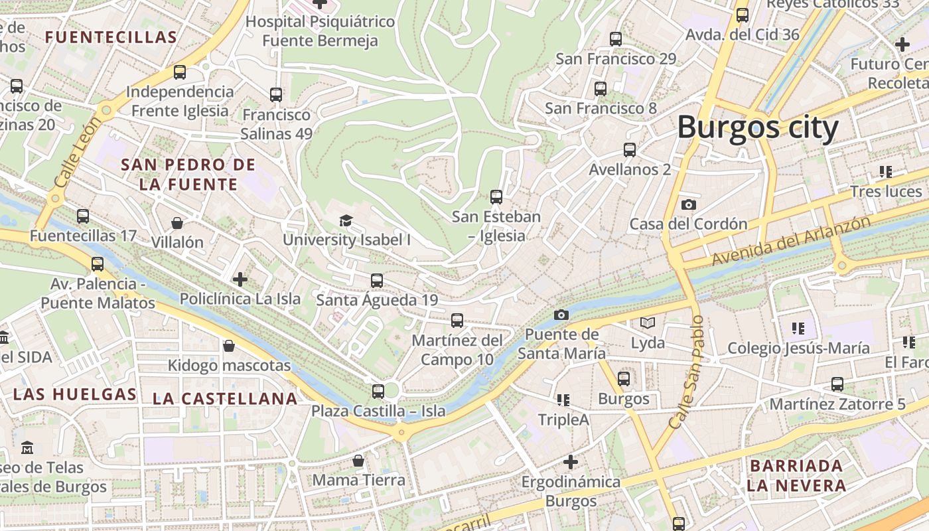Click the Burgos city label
click(x=758, y=127)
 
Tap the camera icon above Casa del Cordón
click(x=689, y=204)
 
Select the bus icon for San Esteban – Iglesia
click(x=496, y=196)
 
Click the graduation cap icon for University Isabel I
click(x=346, y=220)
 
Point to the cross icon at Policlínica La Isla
click(x=240, y=279)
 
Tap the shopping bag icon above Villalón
click(x=177, y=222)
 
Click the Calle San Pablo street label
click(x=687, y=372)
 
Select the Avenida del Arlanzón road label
click(x=790, y=240)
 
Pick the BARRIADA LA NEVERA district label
click(x=796, y=475)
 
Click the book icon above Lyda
click(x=648, y=323)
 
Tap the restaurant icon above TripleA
click(x=563, y=400)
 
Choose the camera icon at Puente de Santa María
click(x=561, y=315)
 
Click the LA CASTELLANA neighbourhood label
click(x=225, y=399)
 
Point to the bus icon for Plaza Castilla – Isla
click(x=378, y=391)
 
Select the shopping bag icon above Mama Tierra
click(x=358, y=460)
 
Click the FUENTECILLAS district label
click(x=111, y=37)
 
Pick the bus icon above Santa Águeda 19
click(x=377, y=280)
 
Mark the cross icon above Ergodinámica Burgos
click(x=570, y=461)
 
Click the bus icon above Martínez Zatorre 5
click(x=837, y=384)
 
